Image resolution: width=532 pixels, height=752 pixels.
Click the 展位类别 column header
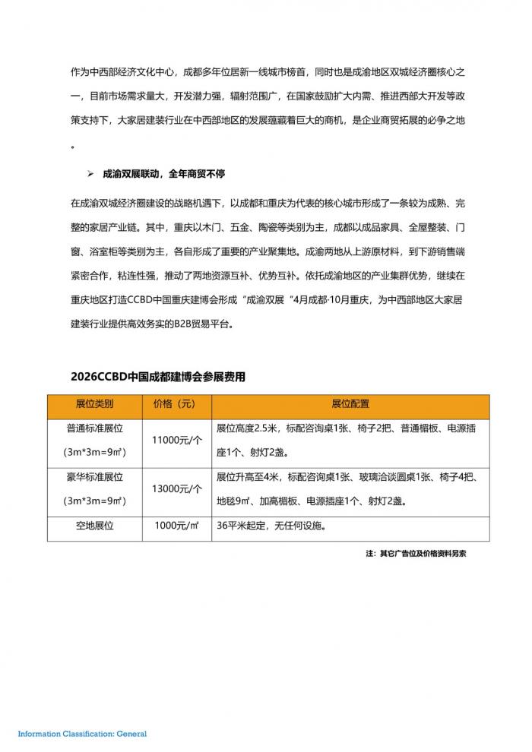pos(94,403)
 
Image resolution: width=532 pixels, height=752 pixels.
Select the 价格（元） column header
pos(174,403)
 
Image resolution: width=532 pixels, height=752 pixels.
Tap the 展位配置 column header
pos(350,403)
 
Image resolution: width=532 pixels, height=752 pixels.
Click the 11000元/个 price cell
pos(177,440)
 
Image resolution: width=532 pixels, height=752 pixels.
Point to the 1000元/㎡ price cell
pos(176,526)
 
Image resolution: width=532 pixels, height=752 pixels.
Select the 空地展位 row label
pos(94,526)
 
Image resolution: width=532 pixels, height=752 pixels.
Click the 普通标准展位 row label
pos(94,428)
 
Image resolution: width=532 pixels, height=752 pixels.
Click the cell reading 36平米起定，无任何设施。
pos(276,526)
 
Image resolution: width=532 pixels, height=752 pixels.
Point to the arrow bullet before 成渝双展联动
pos(90,174)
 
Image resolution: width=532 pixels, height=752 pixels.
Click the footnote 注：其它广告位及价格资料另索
pos(416,554)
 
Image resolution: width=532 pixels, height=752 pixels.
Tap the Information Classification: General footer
pos(82,734)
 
